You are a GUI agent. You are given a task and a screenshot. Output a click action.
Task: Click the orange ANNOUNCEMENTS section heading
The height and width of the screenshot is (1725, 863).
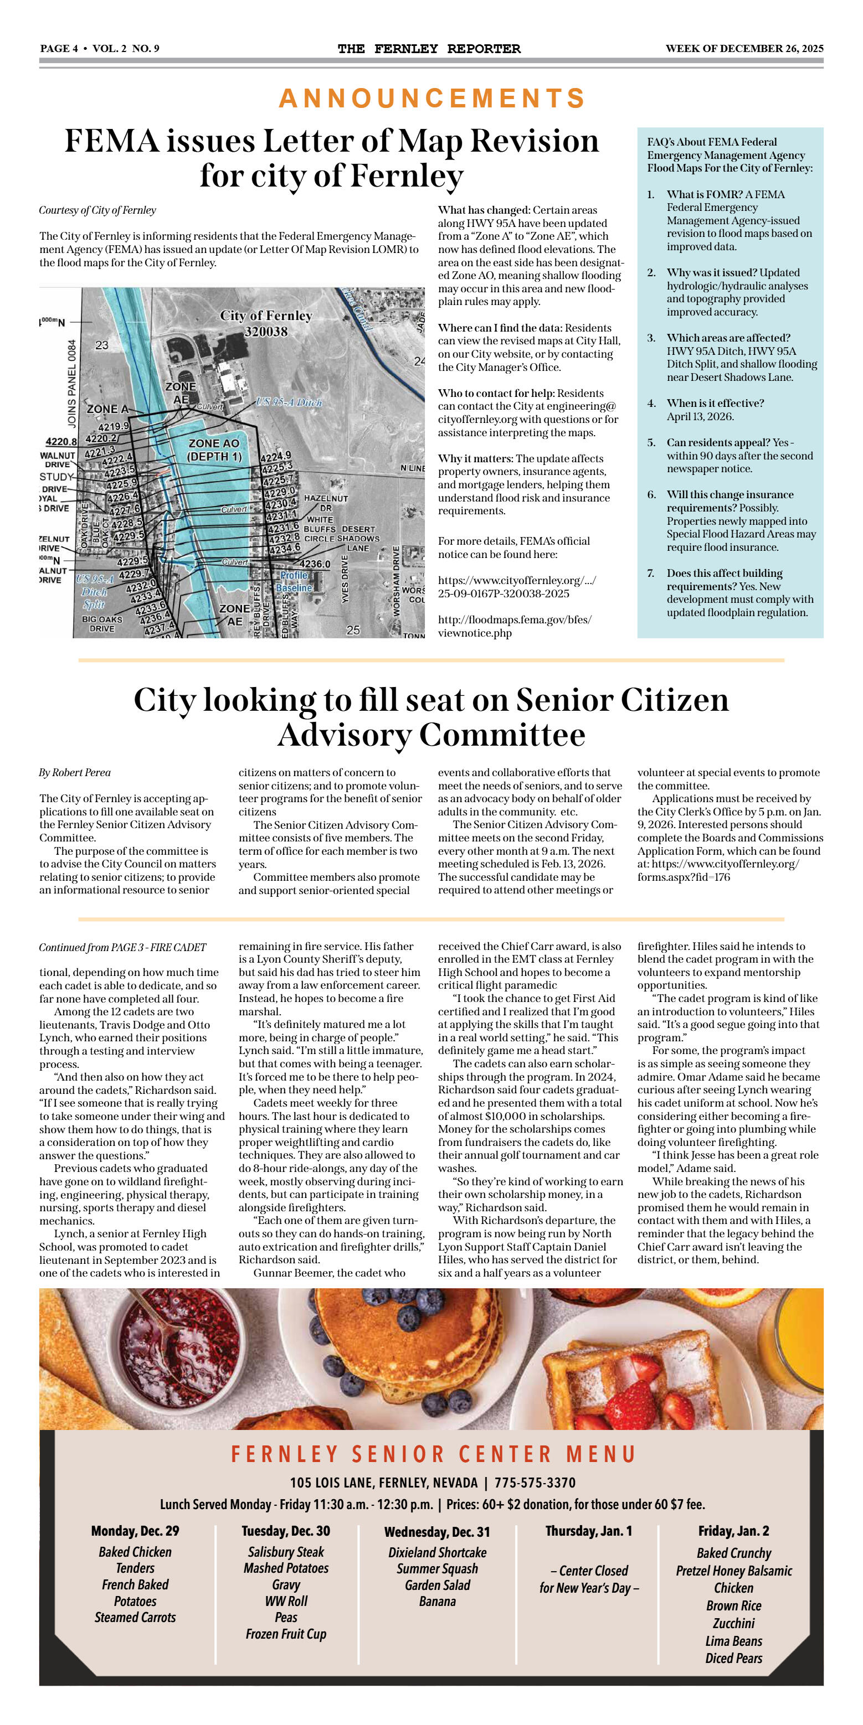431,99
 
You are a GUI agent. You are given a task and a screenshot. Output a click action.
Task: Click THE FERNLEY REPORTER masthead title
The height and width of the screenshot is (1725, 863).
429,48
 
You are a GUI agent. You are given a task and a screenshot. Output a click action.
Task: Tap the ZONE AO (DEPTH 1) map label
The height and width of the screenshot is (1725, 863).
214,450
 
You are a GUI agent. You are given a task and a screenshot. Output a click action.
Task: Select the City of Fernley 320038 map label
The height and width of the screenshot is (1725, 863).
266,323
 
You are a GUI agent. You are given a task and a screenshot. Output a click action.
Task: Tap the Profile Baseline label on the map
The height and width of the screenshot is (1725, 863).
295,581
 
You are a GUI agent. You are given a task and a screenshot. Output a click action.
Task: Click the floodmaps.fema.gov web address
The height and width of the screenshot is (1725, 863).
514,626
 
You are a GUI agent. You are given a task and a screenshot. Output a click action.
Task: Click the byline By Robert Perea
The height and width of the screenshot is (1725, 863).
74,773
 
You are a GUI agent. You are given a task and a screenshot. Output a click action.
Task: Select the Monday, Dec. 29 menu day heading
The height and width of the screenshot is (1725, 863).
135,1531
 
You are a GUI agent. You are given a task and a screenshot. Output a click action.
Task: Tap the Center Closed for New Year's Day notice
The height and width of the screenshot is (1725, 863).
588,1578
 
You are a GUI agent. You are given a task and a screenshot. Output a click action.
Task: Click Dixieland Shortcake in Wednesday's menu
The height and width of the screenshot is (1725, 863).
437,1552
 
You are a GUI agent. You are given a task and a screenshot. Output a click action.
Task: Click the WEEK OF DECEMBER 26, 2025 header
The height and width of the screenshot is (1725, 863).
744,48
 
